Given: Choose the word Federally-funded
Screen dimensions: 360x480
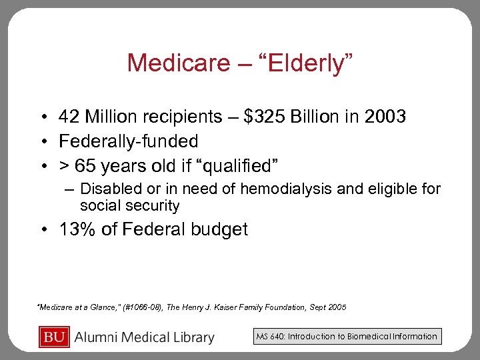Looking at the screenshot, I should pyautogui.click(x=129, y=141).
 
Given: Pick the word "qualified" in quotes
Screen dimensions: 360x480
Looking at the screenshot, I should pyautogui.click(x=255, y=165).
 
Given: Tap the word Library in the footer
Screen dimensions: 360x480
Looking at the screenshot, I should pyautogui.click(x=192, y=338).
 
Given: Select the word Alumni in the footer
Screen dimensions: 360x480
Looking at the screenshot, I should pyautogui.click(x=97, y=338).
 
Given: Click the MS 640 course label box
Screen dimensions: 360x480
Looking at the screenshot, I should pyautogui.click(x=347, y=337).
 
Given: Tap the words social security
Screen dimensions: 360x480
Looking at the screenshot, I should pyautogui.click(x=129, y=206).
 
